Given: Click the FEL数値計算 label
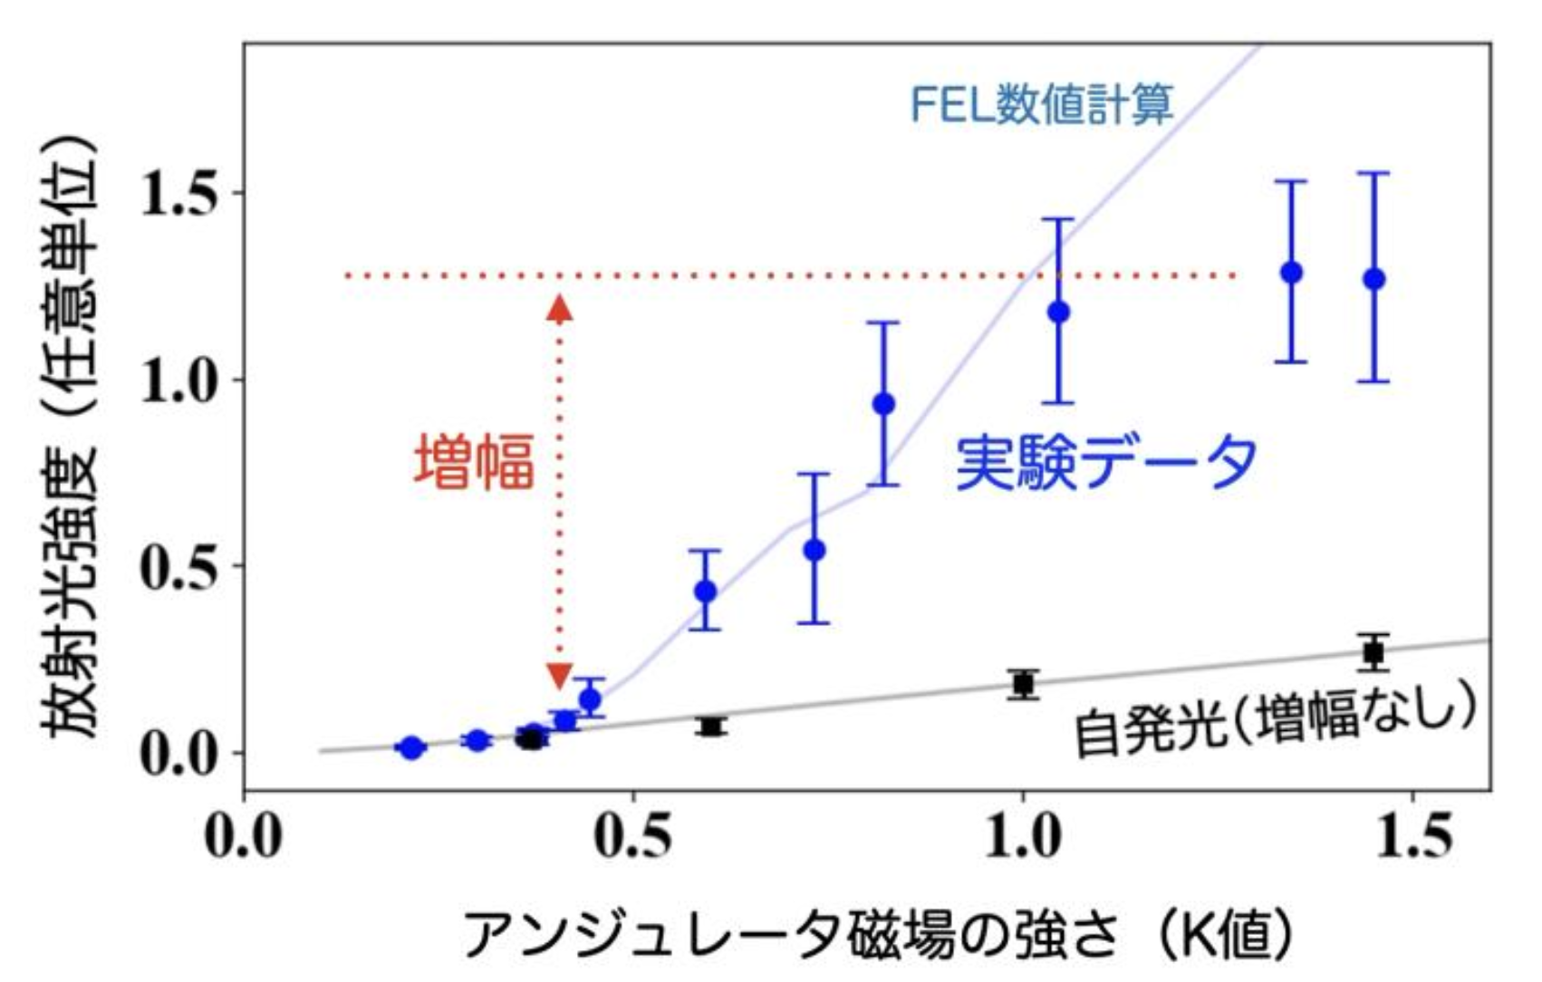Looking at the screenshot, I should (1041, 105).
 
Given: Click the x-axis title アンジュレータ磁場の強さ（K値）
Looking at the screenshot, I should (879, 933).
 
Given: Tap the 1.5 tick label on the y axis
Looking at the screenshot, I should (179, 192).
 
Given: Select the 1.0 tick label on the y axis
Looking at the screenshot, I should (179, 380).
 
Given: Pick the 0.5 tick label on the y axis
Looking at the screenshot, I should (179, 566).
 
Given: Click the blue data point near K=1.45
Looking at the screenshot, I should (1373, 279).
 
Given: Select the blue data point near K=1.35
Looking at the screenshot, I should (1291, 272).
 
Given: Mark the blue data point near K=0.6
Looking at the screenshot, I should (705, 592).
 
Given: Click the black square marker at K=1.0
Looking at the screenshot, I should (1024, 684).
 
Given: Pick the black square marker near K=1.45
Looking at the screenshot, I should (1373, 651).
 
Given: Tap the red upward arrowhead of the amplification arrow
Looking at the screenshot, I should (560, 309).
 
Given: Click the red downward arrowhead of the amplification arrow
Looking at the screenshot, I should (560, 675).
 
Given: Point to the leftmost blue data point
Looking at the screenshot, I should (412, 748).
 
